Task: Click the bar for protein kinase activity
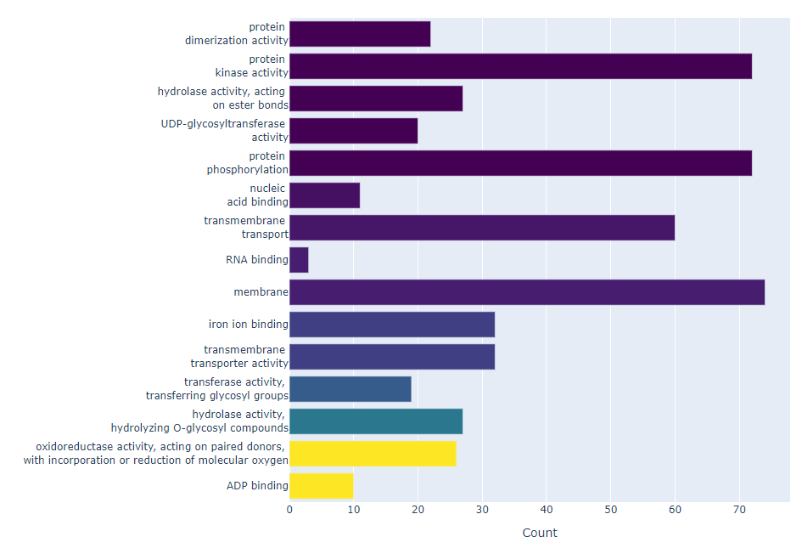pyautogui.click(x=520, y=66)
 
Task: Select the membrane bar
pyautogui.click(x=526, y=292)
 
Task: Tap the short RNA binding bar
pyautogui.click(x=299, y=260)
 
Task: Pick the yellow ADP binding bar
pyautogui.click(x=321, y=486)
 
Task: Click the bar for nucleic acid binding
pyautogui.click(x=324, y=195)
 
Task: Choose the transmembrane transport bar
pyautogui.click(x=481, y=228)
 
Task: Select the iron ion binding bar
pyautogui.click(x=391, y=325)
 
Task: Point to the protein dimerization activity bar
pyautogui.click(x=360, y=34)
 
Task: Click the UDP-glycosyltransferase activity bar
pyautogui.click(x=353, y=131)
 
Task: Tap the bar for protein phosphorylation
pyautogui.click(x=520, y=163)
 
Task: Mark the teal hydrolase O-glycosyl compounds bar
pyautogui.click(x=376, y=421)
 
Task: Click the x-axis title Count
pyautogui.click(x=540, y=533)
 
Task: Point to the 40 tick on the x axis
pyautogui.click(x=547, y=510)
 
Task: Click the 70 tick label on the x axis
pyautogui.click(x=739, y=510)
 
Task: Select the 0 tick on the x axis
pyautogui.click(x=289, y=510)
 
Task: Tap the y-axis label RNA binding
pyautogui.click(x=256, y=260)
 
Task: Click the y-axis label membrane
pyautogui.click(x=261, y=292)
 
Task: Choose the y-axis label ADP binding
pyautogui.click(x=257, y=486)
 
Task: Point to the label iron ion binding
pyautogui.click(x=248, y=325)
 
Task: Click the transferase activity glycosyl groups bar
pyautogui.click(x=350, y=389)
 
